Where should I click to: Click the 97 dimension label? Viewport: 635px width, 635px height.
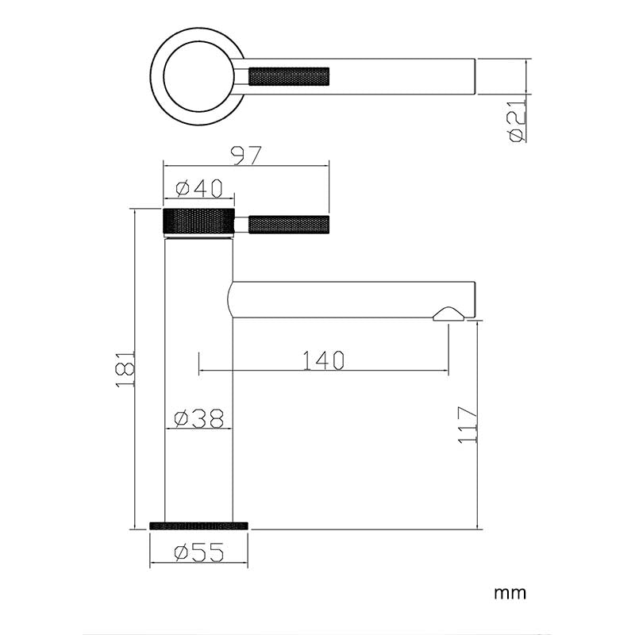pyautogui.click(x=245, y=156)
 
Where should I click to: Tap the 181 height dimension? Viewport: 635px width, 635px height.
pyautogui.click(x=125, y=369)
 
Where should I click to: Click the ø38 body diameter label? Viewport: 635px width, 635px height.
pyautogui.click(x=198, y=418)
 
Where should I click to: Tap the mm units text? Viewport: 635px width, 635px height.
pyautogui.click(x=510, y=593)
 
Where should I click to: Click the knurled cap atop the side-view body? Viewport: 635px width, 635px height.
pyautogui.click(x=198, y=221)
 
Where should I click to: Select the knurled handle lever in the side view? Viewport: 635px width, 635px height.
pyautogui.click(x=288, y=225)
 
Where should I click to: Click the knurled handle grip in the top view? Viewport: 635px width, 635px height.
pyautogui.click(x=287, y=77)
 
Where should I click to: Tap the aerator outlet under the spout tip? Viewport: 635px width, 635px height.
pyautogui.click(x=449, y=314)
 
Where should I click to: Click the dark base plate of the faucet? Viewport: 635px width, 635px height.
pyautogui.click(x=198, y=525)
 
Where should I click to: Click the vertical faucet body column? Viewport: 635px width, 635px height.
pyautogui.click(x=198, y=373)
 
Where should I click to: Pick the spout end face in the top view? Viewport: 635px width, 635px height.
pyautogui.click(x=474, y=77)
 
